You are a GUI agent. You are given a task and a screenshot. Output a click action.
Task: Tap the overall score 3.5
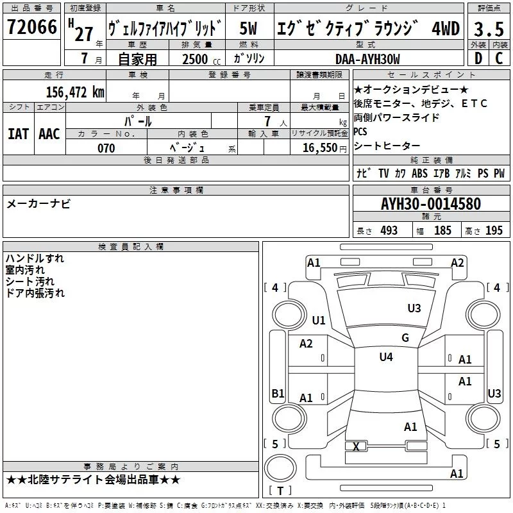488,29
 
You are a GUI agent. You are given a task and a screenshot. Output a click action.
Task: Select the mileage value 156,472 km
75,92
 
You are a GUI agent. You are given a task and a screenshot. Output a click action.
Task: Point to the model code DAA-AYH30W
367,59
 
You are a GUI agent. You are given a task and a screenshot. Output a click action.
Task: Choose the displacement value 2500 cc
196,59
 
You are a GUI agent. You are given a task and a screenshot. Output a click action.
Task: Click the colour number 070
106,148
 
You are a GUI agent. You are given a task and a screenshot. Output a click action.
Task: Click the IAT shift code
18,133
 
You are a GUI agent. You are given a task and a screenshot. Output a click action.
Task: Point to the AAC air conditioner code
49,133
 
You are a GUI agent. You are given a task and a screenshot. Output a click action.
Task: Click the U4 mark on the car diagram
385,357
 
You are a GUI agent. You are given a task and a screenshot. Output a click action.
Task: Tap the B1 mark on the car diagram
278,393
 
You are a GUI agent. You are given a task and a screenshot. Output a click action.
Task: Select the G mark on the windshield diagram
405,338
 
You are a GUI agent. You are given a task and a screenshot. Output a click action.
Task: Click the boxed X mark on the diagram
357,446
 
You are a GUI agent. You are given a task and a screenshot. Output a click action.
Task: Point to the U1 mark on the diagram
319,320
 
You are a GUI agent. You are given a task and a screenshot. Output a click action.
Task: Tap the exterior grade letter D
478,59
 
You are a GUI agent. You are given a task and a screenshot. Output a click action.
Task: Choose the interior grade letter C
500,59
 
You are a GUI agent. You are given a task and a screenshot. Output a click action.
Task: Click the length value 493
389,231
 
